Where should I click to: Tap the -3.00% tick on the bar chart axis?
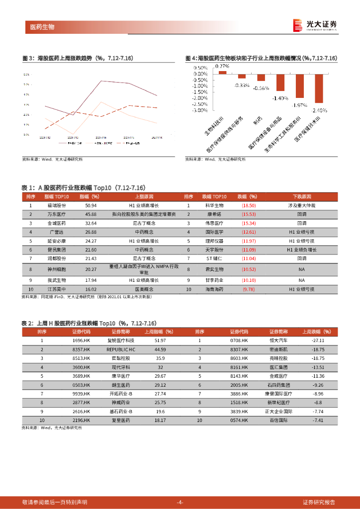[200, 110]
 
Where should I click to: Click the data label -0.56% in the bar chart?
[261, 88]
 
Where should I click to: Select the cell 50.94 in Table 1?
[90, 205]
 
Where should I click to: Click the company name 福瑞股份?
[58, 205]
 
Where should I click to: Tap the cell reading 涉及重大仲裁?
[301, 205]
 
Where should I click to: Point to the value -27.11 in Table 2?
[318, 340]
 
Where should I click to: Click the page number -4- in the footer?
[180, 502]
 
